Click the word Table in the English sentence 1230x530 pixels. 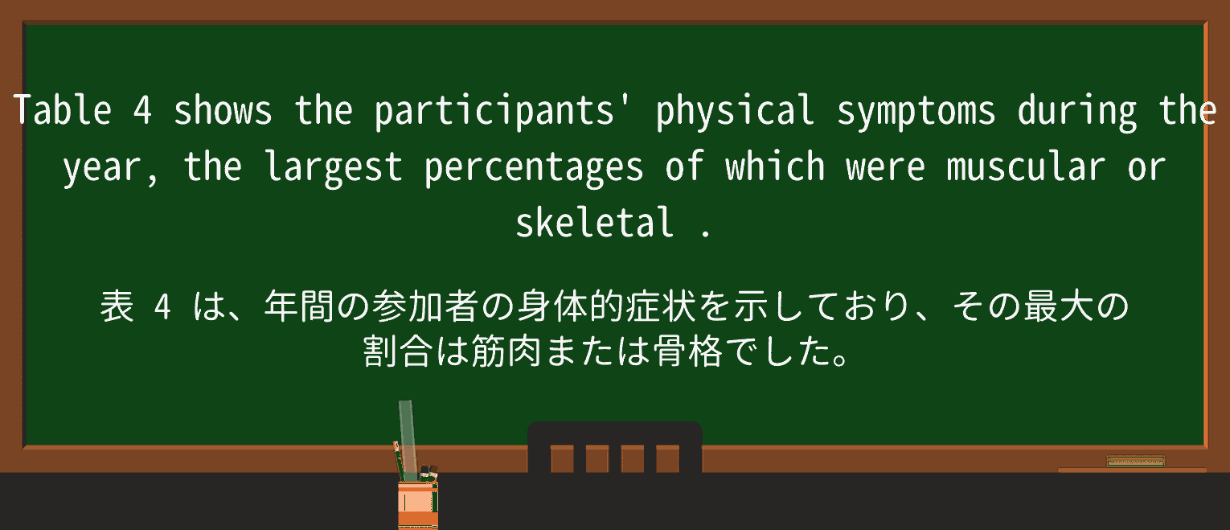[x=62, y=110]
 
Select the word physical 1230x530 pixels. [x=735, y=110]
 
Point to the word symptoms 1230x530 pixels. [x=916, y=110]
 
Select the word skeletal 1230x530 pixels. [x=594, y=223]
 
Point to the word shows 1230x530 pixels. [x=223, y=110]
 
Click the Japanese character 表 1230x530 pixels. [x=118, y=307]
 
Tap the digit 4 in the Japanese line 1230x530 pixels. [x=162, y=307]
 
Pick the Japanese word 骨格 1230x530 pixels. [x=688, y=351]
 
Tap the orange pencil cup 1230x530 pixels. [x=417, y=503]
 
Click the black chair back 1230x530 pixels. [x=614, y=446]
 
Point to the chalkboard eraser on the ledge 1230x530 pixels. [x=1135, y=462]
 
